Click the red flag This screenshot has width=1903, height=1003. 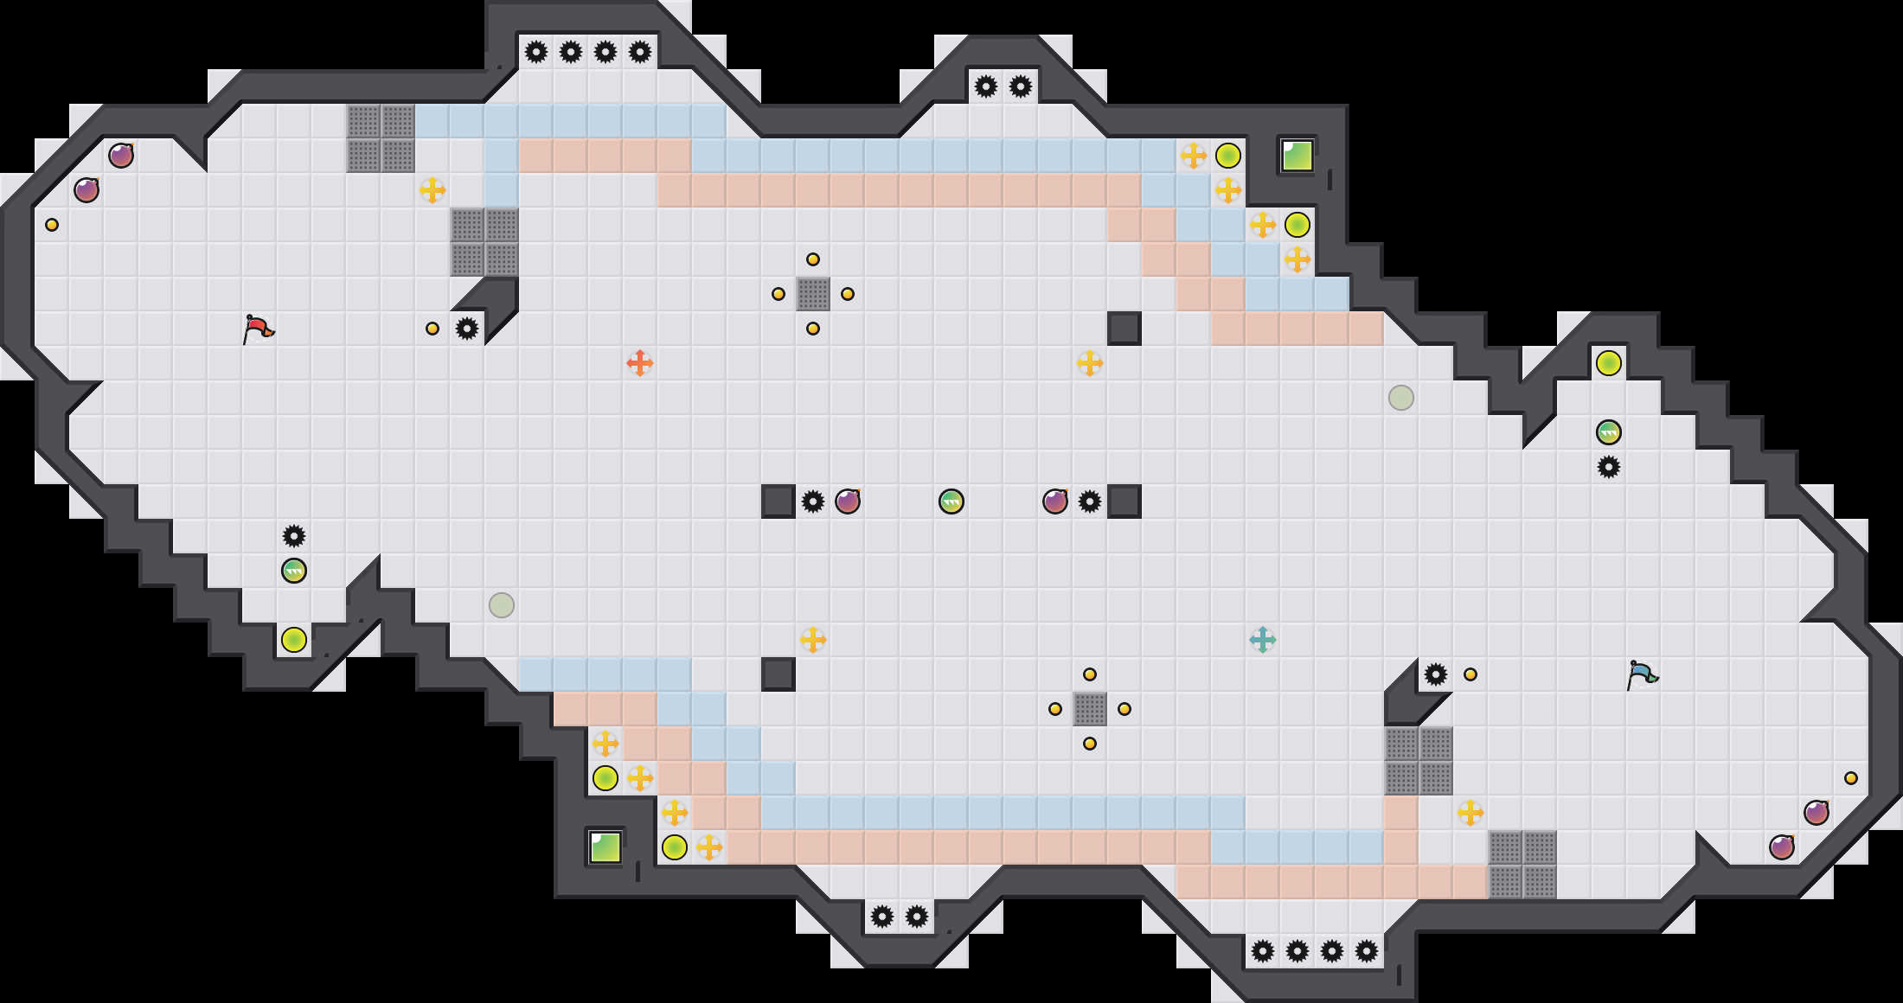pyautogui.click(x=258, y=329)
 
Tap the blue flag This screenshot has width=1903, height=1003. pyautogui.click(x=1641, y=674)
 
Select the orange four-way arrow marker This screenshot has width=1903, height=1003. pyautogui.click(x=639, y=363)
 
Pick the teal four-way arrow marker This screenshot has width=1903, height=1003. pyautogui.click(x=1262, y=640)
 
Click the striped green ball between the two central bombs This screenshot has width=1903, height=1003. pyautogui.click(x=951, y=501)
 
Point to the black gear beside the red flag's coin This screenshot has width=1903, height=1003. pyautogui.click(x=466, y=329)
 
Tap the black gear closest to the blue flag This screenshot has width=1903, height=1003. pyautogui.click(x=1435, y=674)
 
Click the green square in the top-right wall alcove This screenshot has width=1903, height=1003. pyautogui.click(x=1297, y=157)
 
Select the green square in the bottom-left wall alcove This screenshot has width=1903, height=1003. pyautogui.click(x=605, y=847)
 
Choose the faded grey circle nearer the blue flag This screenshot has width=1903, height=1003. pyautogui.click(x=1400, y=398)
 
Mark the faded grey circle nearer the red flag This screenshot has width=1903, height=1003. pyautogui.click(x=501, y=605)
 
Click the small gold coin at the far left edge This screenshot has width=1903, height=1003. pyautogui.click(x=52, y=225)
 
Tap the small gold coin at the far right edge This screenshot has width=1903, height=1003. pyautogui.click(x=1850, y=778)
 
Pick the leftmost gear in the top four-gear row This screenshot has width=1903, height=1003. pyautogui.click(x=535, y=52)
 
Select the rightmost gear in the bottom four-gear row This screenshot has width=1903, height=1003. pyautogui.click(x=1366, y=951)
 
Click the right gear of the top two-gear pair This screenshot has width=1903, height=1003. pyautogui.click(x=1020, y=86)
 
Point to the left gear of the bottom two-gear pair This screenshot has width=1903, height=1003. pyautogui.click(x=881, y=917)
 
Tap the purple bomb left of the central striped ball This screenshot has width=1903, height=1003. pyautogui.click(x=847, y=501)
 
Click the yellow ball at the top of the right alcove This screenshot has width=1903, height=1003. pyautogui.click(x=1608, y=363)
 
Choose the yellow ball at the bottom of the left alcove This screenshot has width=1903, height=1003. pyautogui.click(x=293, y=640)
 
